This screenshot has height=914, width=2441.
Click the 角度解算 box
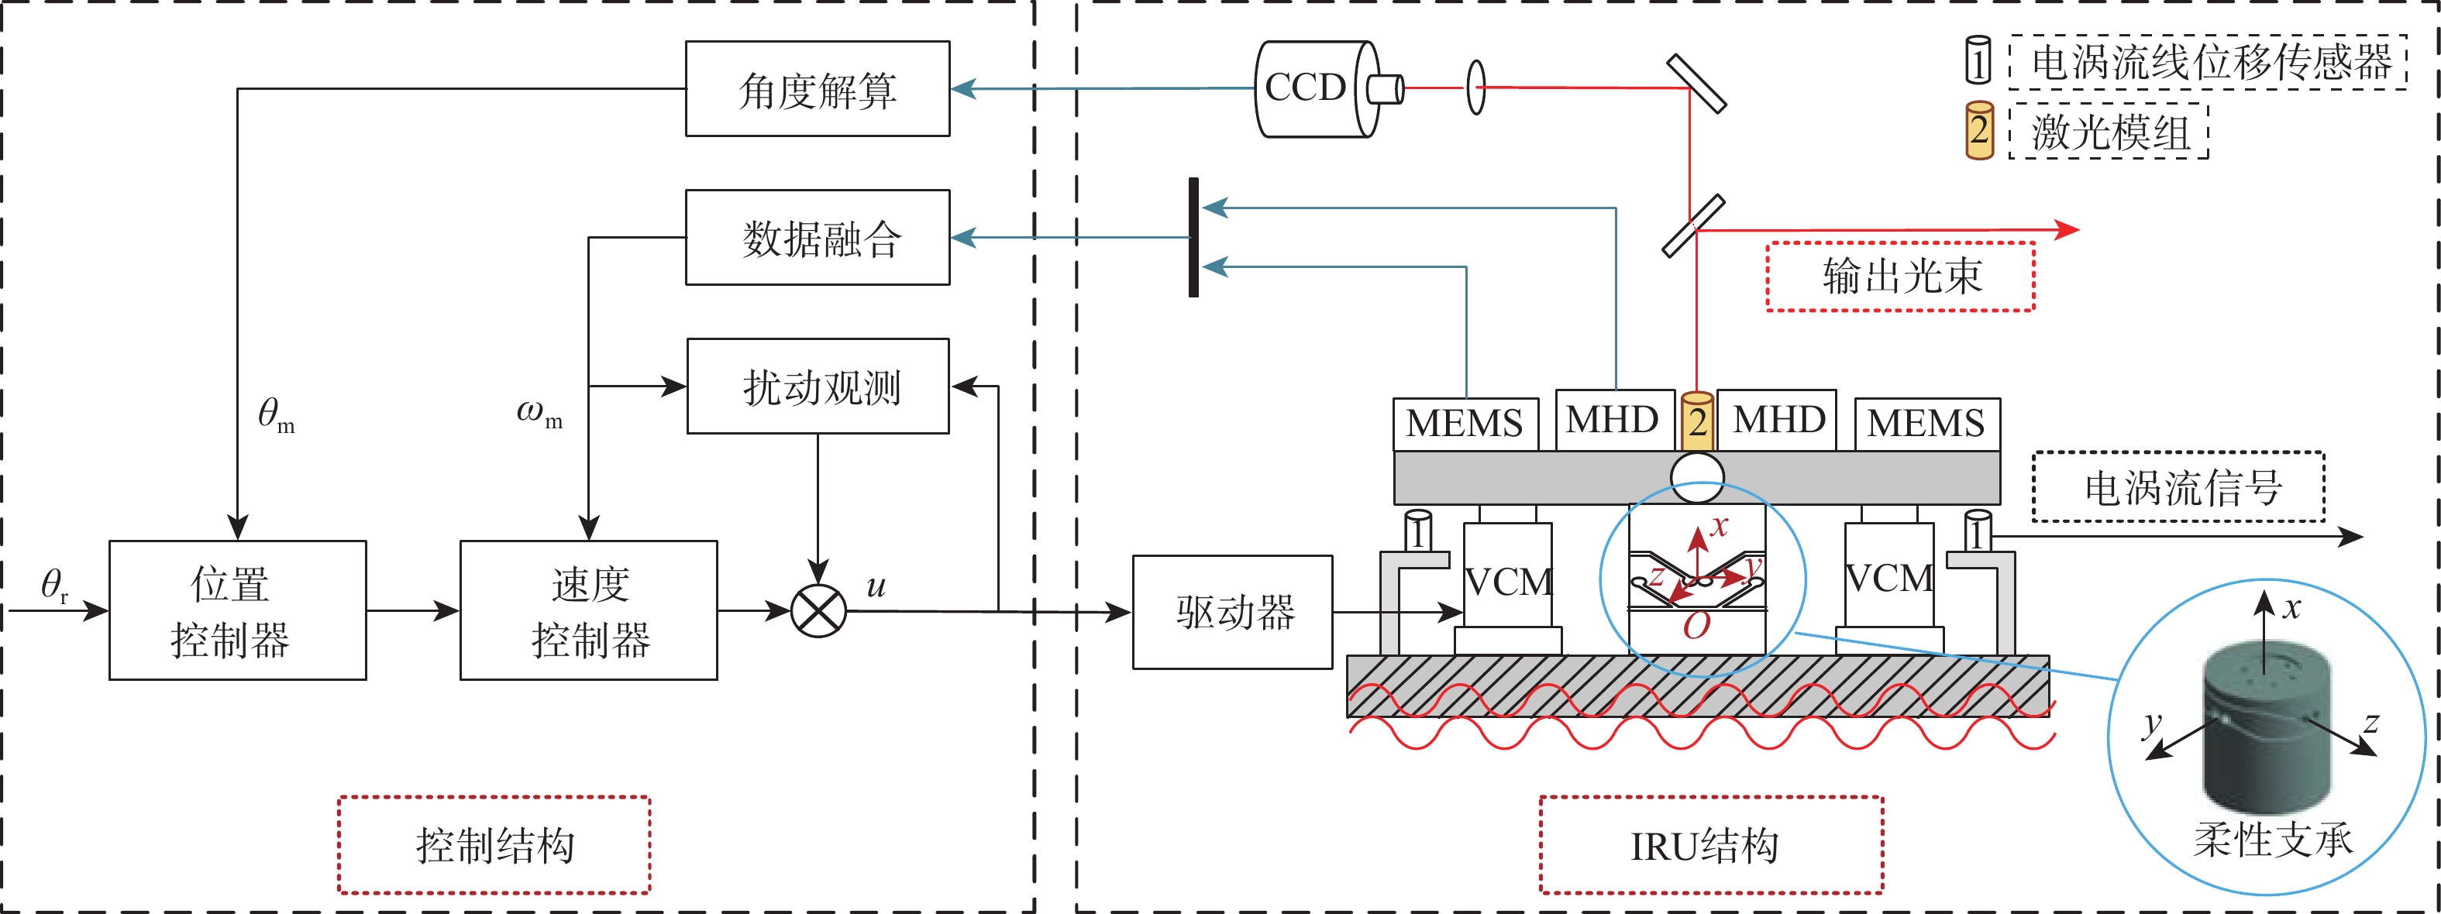click(x=817, y=89)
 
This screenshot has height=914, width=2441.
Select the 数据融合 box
click(x=817, y=238)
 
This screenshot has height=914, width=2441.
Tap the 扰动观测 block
click(x=818, y=387)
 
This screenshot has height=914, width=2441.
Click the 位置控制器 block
click(x=237, y=610)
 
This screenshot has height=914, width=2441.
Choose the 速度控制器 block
click(x=588, y=610)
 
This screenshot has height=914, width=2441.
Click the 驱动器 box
click(x=1232, y=612)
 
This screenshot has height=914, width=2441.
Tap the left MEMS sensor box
click(x=1465, y=424)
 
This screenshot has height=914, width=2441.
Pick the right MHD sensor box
click(x=1778, y=420)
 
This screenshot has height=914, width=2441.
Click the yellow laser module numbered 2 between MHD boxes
click(x=1697, y=421)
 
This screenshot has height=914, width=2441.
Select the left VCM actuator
click(x=1508, y=579)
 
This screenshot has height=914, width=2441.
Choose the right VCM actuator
click(x=1889, y=578)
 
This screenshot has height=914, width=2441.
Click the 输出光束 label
click(x=1901, y=277)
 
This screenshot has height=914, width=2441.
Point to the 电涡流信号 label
click(x=2178, y=488)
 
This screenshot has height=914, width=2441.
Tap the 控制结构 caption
click(x=494, y=845)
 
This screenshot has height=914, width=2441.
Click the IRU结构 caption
click(x=1711, y=845)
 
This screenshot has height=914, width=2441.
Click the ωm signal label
click(x=539, y=412)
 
